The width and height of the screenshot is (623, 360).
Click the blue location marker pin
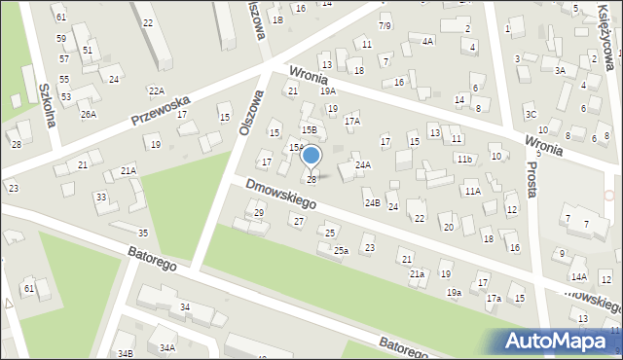point(311,157)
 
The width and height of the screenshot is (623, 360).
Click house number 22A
point(156,90)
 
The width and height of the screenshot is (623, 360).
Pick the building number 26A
point(89,115)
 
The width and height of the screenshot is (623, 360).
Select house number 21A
point(128,171)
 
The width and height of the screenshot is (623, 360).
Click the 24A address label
point(363,165)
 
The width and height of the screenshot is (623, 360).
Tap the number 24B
point(372,202)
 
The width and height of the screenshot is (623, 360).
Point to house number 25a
point(341,250)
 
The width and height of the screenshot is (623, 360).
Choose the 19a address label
point(454,292)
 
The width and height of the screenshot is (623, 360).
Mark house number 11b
point(465,159)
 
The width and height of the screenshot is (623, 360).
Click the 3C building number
point(531,115)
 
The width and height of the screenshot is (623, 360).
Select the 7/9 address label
point(385,25)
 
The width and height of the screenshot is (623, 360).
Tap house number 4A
point(427,42)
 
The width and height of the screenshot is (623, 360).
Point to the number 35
point(143,233)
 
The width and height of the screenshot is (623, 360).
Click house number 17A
point(352,122)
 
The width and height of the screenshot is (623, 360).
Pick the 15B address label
point(309,129)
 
